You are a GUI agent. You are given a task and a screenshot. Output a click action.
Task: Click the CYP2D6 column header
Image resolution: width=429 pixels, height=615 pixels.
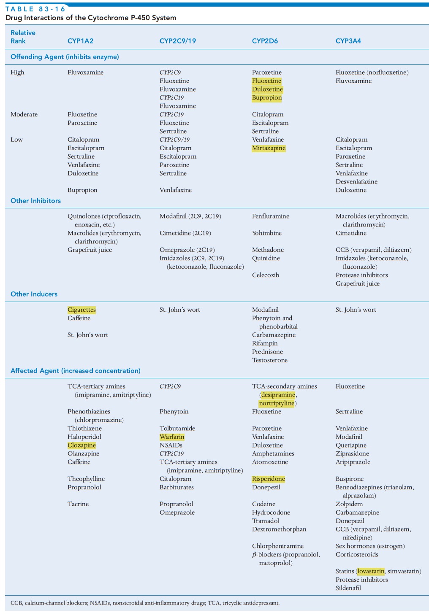click(265, 41)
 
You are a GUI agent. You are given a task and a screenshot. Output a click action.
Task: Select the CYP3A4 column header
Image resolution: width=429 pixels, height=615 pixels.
click(348, 41)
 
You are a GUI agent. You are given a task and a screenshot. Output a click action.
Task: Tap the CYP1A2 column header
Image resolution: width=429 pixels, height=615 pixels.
click(80, 41)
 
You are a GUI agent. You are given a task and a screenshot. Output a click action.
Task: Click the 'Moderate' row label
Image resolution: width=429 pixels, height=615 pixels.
click(24, 114)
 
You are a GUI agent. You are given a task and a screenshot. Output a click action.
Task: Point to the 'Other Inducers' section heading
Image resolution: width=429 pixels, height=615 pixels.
click(34, 294)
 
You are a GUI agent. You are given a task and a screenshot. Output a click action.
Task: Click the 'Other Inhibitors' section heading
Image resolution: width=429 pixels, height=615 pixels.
click(35, 201)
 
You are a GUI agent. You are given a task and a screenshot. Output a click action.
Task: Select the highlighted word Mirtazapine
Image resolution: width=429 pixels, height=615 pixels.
click(269, 148)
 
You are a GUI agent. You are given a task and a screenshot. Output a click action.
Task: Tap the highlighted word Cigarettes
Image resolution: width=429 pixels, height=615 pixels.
click(81, 310)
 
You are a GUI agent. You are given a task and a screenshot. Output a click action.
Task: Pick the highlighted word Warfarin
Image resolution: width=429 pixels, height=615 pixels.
click(172, 437)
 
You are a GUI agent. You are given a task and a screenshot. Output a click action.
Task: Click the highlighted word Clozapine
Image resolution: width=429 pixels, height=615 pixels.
click(81, 445)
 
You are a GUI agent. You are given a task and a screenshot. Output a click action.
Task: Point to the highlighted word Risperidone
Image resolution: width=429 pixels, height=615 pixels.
click(268, 479)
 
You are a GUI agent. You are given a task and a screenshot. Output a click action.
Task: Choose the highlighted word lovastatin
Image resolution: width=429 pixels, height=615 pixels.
click(371, 571)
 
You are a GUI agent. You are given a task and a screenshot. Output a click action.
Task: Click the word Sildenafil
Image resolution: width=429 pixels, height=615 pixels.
click(348, 588)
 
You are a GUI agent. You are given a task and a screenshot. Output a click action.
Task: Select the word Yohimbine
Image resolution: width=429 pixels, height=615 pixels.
click(266, 233)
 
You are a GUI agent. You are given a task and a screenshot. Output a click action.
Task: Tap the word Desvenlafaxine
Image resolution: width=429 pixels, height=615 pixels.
click(356, 181)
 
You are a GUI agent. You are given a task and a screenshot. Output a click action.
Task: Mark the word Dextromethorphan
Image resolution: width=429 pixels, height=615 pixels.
click(279, 529)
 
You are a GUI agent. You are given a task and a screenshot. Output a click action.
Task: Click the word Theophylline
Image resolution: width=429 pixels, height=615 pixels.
click(86, 479)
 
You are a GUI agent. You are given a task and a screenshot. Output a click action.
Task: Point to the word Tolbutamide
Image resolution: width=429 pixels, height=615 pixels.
click(177, 428)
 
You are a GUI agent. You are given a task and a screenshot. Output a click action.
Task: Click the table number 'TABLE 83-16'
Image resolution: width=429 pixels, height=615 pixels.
click(35, 9)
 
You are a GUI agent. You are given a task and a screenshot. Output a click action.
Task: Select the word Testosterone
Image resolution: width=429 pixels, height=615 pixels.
click(269, 360)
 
